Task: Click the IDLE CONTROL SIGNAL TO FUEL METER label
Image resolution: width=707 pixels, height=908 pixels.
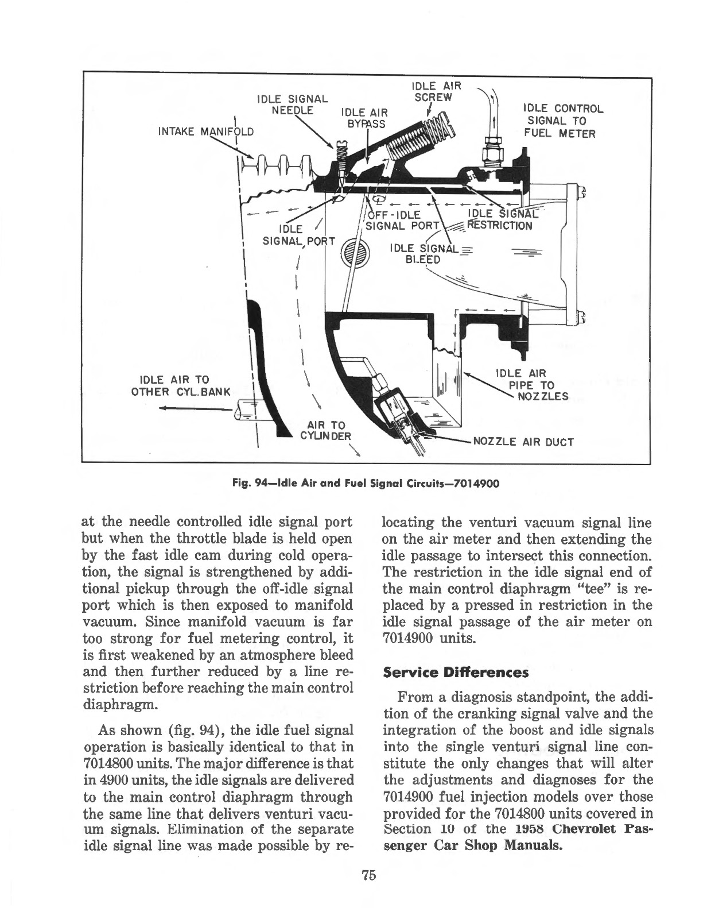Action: click(562, 121)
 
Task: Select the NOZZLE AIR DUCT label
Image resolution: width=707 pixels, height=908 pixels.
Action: click(522, 442)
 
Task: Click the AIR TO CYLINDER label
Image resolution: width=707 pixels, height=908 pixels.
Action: click(326, 430)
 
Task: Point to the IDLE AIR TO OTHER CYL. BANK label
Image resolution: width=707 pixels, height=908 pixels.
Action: click(180, 386)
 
